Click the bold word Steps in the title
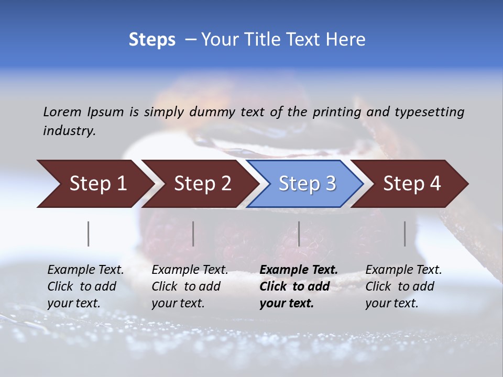152,40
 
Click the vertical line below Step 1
89,234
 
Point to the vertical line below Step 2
193,234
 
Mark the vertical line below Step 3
299,234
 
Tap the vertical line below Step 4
404,234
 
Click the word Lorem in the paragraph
62,112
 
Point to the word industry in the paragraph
69,131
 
